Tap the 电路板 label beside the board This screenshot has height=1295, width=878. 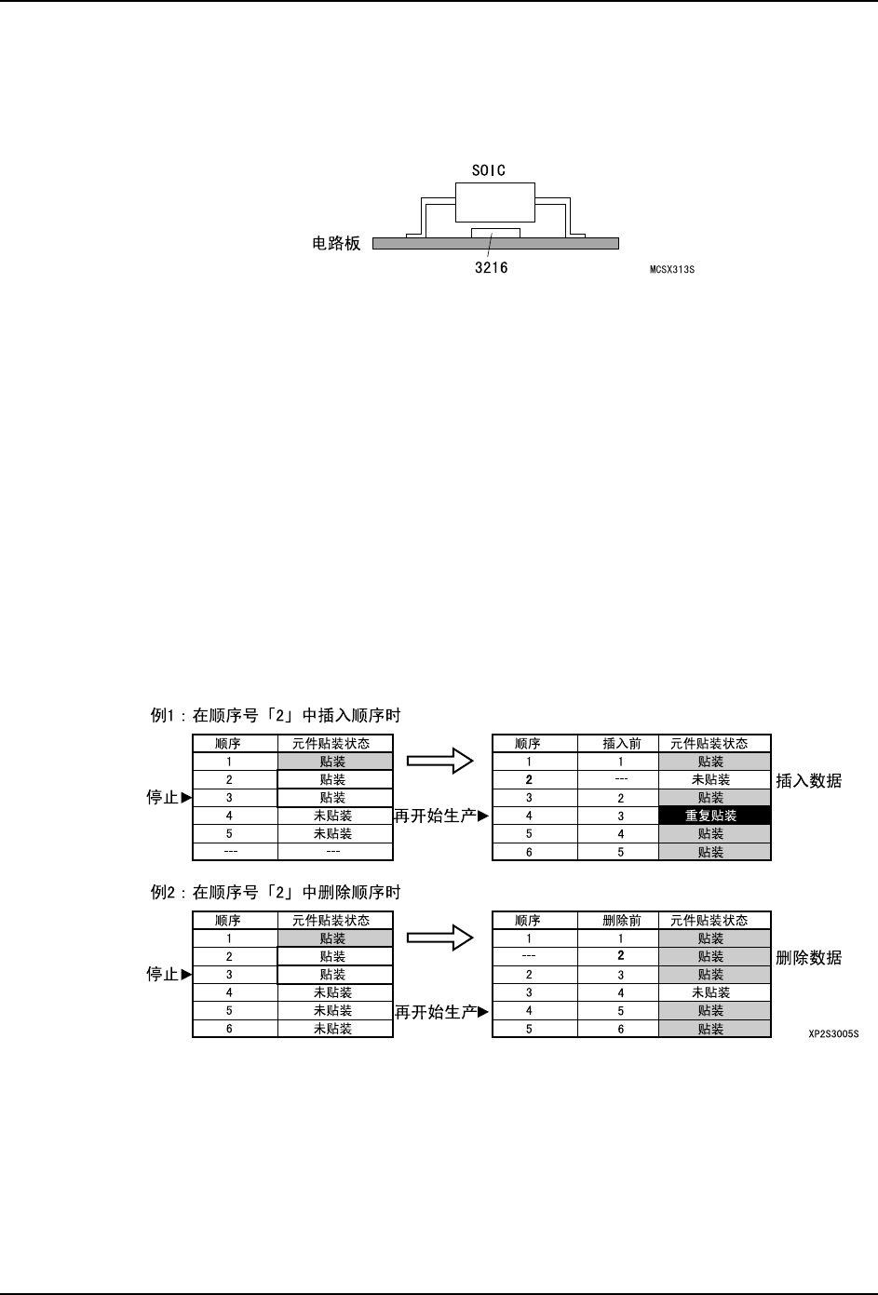[x=335, y=244]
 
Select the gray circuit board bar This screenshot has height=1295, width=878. [x=559, y=244]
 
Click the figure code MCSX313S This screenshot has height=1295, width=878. [x=671, y=271]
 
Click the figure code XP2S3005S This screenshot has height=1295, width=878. [x=832, y=1033]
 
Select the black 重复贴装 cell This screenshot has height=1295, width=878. [x=714, y=816]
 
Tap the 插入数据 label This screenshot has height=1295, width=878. [x=808, y=780]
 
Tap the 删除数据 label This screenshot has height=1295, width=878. [x=808, y=957]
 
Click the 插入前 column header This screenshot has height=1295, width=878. [x=621, y=744]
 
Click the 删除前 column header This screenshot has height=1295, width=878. [x=621, y=921]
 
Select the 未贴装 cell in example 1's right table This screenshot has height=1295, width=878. [x=714, y=780]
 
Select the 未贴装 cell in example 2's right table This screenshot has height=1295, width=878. [x=714, y=993]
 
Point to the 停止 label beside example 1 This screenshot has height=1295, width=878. [x=163, y=798]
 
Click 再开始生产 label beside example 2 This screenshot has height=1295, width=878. [x=435, y=1012]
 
